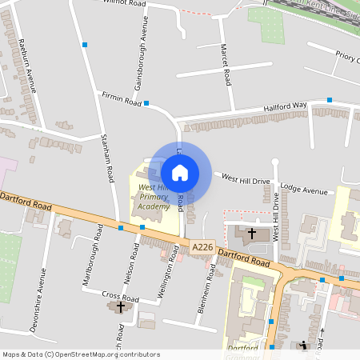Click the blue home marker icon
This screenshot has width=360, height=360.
point(180,172)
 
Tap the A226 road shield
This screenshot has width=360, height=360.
point(202,249)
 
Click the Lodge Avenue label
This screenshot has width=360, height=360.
point(304,191)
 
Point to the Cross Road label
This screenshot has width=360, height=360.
point(121,296)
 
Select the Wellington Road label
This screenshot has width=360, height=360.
point(169,276)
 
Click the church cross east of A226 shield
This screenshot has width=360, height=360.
point(252,234)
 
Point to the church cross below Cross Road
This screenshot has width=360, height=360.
point(122,306)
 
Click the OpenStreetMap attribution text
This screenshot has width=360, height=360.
point(81,354)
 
